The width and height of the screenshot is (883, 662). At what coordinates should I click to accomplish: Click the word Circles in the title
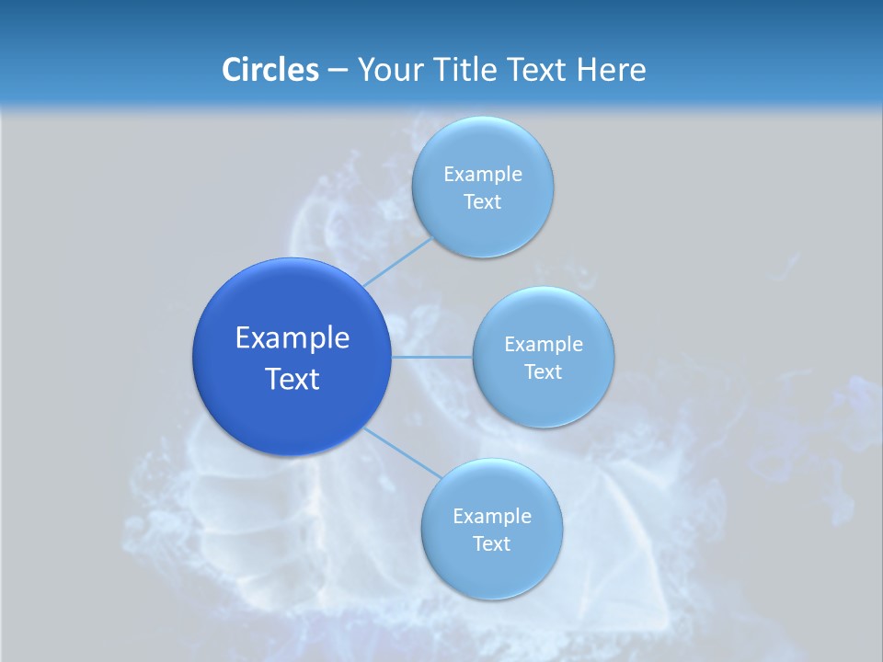click(x=270, y=70)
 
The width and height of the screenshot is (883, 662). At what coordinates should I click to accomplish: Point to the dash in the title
click(x=338, y=71)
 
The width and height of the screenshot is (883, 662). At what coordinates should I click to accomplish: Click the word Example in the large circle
click(x=292, y=338)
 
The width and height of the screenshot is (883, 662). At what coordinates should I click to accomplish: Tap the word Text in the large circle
click(x=292, y=379)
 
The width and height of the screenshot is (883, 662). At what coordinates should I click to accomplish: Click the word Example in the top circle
click(x=483, y=174)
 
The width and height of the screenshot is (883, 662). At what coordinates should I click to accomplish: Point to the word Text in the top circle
click(x=483, y=202)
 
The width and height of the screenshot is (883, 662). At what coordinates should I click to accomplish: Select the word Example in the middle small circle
click(x=544, y=344)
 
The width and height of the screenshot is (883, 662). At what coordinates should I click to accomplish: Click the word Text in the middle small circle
click(x=544, y=372)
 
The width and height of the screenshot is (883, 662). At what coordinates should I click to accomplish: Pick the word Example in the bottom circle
click(x=492, y=516)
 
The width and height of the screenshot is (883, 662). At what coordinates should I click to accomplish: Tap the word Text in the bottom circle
click(x=492, y=544)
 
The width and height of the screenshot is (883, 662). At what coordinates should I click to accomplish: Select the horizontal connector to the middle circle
click(x=431, y=357)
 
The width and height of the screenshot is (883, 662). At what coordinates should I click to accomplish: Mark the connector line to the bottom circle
click(x=403, y=452)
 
